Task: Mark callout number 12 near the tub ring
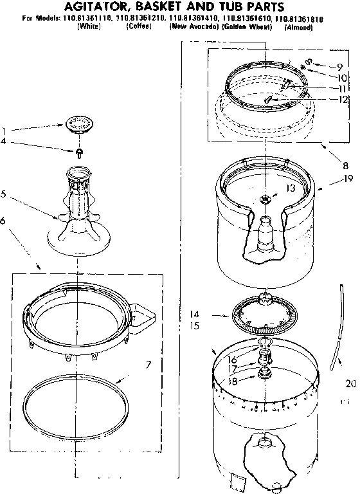click(343, 99)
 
